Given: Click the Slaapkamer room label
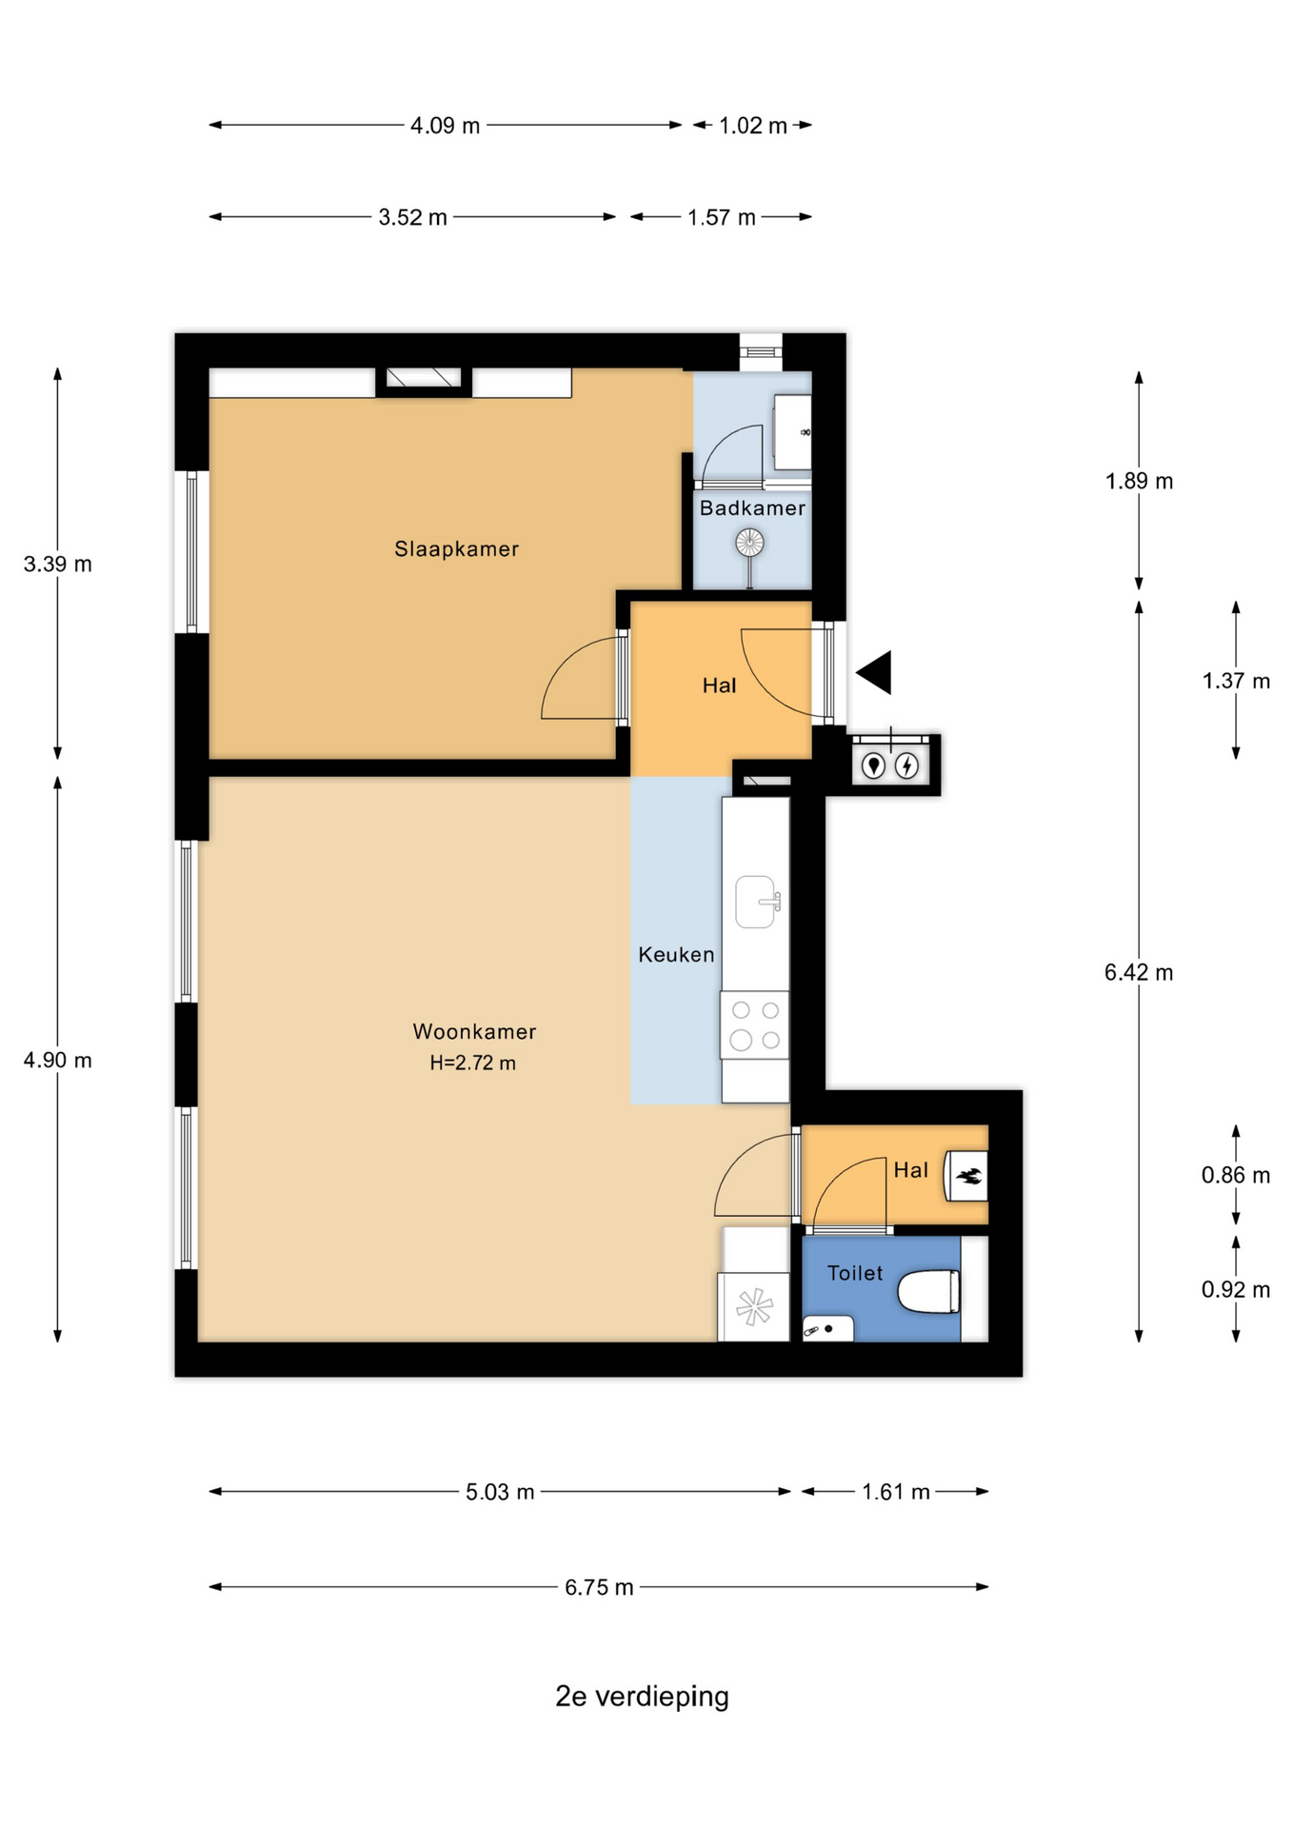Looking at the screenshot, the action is (x=456, y=548).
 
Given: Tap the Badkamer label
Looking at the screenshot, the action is (x=752, y=507).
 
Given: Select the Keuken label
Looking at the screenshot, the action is (x=676, y=954).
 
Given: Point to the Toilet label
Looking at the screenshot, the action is (x=855, y=1273).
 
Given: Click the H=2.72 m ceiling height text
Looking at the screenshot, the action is (x=472, y=1063).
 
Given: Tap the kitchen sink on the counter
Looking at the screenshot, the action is (x=758, y=902).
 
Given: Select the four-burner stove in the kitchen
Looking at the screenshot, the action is (x=755, y=1025).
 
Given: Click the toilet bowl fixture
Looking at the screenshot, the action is (x=928, y=1292).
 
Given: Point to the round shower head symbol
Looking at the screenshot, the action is (x=749, y=544).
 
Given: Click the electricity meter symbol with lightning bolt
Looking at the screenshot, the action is (x=907, y=765).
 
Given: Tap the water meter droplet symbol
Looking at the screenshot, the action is (x=873, y=765).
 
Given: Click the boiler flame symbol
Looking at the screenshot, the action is (x=967, y=1176).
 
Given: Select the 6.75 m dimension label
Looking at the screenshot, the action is (x=599, y=1587).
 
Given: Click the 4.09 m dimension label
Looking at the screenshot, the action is (x=445, y=126).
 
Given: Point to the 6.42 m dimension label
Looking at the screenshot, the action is (x=1139, y=972).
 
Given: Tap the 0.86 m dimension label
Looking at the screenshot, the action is (x=1236, y=1175).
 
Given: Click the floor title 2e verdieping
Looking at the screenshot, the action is (x=643, y=1696).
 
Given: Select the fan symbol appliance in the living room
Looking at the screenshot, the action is (x=753, y=1306).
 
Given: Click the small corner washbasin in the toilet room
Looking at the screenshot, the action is (x=826, y=1328).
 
